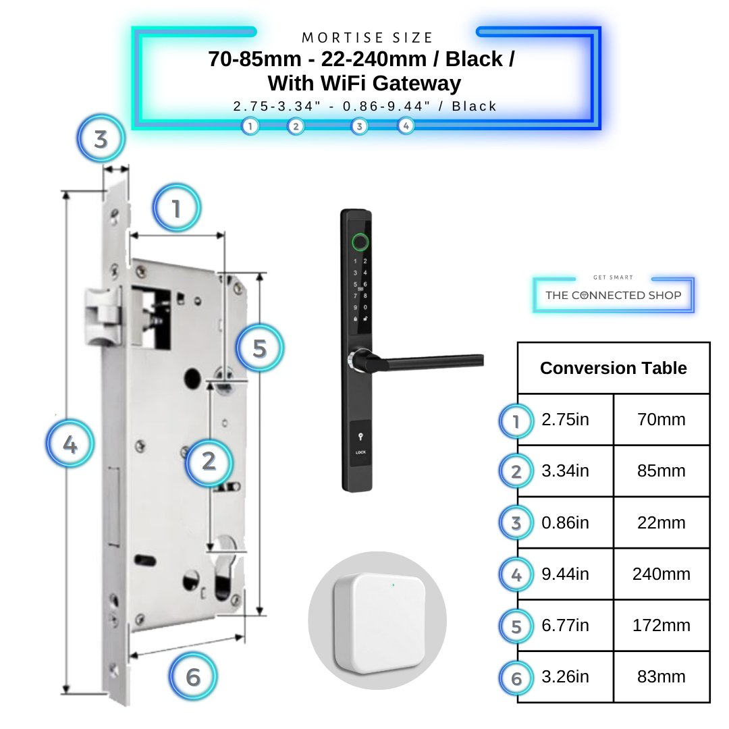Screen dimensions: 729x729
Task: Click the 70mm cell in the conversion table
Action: coord(661,420)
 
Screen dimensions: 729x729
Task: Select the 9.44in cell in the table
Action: coord(565,574)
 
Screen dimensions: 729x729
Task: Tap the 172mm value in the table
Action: coord(661,626)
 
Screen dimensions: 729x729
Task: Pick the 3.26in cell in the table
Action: coord(565,677)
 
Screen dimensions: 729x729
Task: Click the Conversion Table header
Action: coord(613,368)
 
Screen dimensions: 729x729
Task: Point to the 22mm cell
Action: coord(661,523)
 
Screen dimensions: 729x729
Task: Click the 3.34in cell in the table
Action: coord(565,471)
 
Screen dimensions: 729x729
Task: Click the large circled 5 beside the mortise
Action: coord(260,349)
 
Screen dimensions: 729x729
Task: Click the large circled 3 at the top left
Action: coord(101,140)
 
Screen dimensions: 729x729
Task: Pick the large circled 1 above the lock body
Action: coord(176,209)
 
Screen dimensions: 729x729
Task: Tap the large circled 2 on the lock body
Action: coord(209,462)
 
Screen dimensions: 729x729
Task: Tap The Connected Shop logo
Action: coord(613,295)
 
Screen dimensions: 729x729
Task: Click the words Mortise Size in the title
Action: coord(367,38)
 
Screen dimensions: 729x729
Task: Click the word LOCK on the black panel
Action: coord(360,453)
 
